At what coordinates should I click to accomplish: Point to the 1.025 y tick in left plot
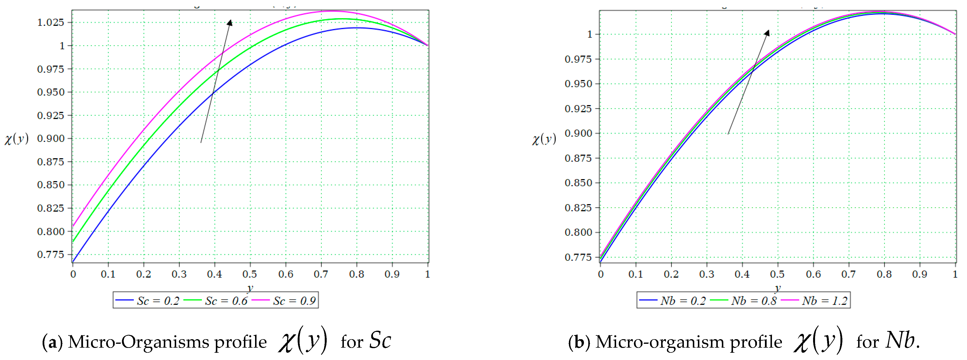click(x=51, y=23)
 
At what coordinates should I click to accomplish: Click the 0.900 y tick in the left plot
click(x=51, y=138)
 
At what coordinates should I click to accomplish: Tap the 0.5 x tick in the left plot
click(x=250, y=274)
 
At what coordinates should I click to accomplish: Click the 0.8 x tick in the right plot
click(x=884, y=274)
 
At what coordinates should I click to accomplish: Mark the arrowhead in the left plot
click(x=230, y=23)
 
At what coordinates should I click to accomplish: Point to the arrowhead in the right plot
click(x=767, y=33)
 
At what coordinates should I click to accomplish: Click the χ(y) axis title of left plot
click(x=16, y=139)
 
